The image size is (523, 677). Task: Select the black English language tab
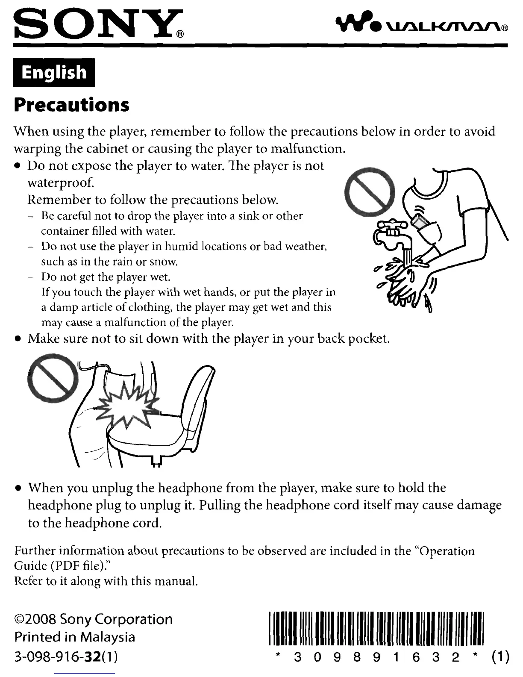[x=54, y=72]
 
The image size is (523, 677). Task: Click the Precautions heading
[x=71, y=105]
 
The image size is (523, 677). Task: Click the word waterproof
[x=61, y=183]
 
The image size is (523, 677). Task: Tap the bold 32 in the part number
[x=94, y=655]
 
